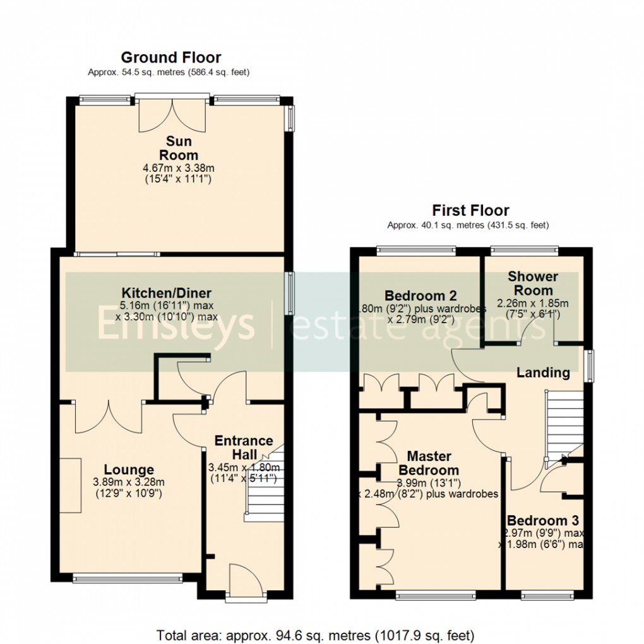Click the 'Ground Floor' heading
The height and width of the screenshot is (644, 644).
point(170,58)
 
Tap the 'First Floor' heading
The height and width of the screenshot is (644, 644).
point(470,210)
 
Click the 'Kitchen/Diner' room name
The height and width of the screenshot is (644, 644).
point(167,293)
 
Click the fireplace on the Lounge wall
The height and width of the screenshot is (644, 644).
point(71,485)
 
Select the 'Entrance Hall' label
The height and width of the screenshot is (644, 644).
point(244,448)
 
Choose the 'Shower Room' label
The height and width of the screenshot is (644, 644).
point(533,283)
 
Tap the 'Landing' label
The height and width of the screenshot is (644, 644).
point(543,373)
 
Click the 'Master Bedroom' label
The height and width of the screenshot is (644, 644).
point(429,463)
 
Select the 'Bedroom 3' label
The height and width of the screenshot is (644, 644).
point(543,521)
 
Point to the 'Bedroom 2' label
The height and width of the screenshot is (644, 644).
point(420,295)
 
